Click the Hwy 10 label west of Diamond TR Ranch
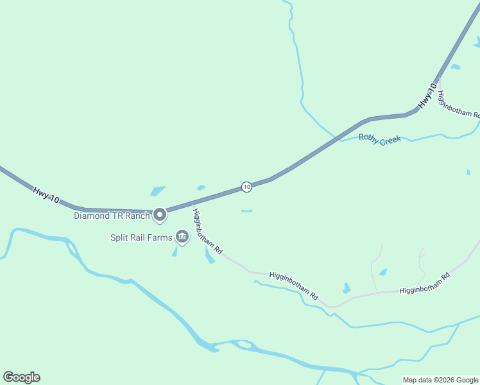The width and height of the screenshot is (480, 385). (46, 195)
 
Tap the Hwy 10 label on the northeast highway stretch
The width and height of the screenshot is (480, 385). (427, 96)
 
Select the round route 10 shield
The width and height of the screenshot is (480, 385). (246, 186)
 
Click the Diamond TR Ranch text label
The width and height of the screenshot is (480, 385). (112, 216)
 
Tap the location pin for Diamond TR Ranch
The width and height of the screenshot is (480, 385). (160, 214)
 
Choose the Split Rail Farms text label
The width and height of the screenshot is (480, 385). (141, 237)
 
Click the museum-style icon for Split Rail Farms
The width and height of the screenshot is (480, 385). (182, 238)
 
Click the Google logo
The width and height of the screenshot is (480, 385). (21, 377)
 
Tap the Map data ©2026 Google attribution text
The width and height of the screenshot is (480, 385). (440, 380)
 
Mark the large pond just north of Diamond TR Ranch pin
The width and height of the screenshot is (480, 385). (157, 191)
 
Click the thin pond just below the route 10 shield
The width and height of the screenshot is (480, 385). (246, 210)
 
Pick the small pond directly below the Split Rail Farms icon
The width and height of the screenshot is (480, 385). (175, 252)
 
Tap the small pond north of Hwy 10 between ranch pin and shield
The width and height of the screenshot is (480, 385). (201, 188)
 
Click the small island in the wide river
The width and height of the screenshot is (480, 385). (244, 345)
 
